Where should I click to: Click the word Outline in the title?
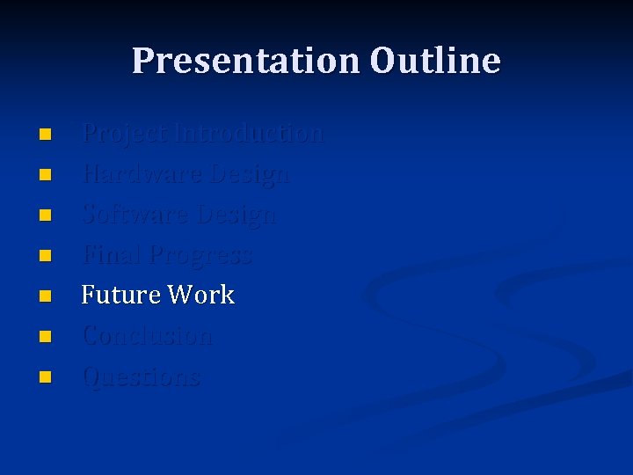pos(435,61)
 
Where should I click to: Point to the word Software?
pos(136,215)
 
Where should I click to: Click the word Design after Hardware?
pos(250,174)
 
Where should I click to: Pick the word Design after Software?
pos(236,215)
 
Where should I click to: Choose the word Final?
pos(112,255)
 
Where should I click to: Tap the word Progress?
pos(200,256)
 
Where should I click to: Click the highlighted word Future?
pos(120,295)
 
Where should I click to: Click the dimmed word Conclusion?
pos(147,336)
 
